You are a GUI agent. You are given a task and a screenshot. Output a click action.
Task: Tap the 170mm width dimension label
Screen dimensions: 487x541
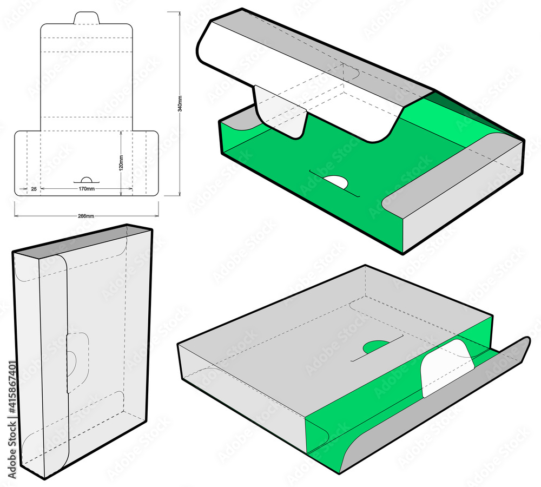click(87, 189)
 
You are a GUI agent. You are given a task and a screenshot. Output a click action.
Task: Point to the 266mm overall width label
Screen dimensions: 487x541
click(86, 216)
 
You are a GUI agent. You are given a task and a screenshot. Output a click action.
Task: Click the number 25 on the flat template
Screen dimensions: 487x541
click(34, 189)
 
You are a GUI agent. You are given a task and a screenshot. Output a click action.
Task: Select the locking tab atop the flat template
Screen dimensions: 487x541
click(87, 18)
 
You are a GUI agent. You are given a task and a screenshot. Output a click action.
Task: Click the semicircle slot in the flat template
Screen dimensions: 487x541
click(87, 180)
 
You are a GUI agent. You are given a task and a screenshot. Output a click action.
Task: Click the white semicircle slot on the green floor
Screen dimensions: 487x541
click(336, 182)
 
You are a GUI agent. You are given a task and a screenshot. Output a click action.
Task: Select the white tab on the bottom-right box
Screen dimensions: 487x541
click(446, 368)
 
